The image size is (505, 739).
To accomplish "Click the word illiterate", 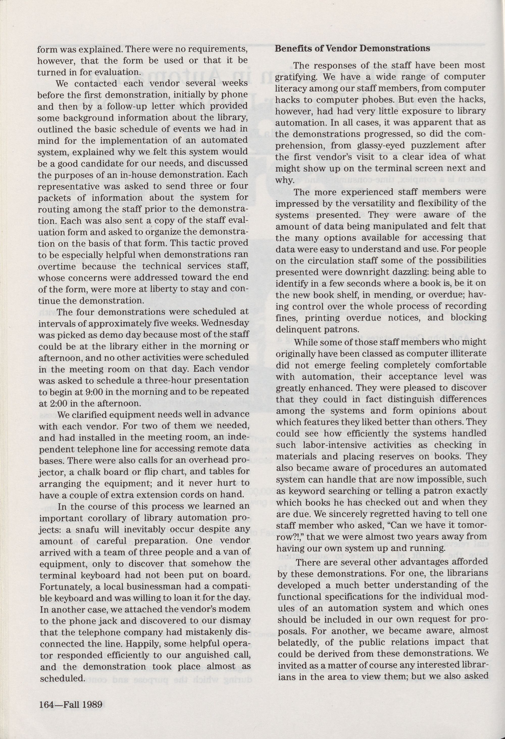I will (x=467, y=353).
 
